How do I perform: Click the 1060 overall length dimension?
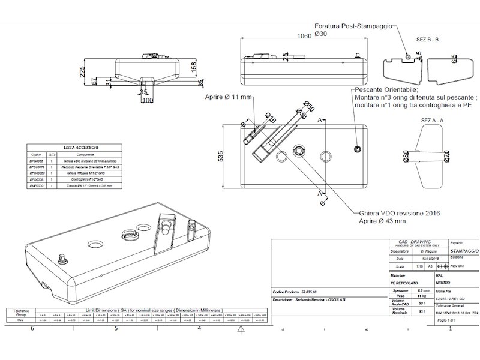point(305,36)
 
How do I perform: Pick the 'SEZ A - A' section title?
point(433,120)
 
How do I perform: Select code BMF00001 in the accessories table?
point(37,186)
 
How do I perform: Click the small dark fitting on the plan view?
point(358,148)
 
